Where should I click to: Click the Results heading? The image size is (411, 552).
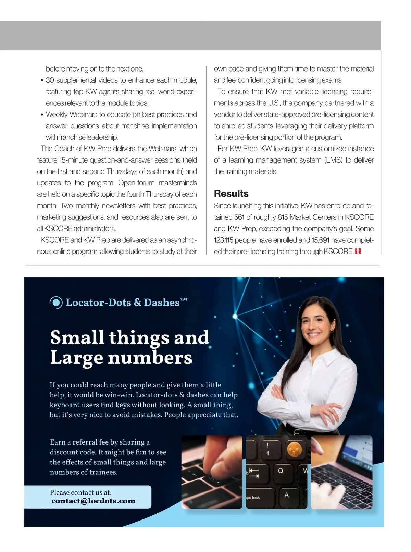pos(231,194)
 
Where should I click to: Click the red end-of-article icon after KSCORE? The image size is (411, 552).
pos(358,252)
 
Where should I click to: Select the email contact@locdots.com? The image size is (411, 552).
pos(94,501)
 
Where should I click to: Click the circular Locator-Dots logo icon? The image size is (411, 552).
pos(56,302)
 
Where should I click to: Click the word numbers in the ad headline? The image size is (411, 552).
pos(150,358)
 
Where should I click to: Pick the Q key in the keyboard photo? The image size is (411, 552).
pos(281,471)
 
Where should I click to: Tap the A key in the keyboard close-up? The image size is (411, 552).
pos(286,495)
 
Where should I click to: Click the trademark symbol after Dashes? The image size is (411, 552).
pos(184,300)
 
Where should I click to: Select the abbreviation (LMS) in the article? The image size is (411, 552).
pos(333,160)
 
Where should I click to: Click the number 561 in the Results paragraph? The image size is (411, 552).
pos(239,217)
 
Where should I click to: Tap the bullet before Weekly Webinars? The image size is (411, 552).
pos(42,115)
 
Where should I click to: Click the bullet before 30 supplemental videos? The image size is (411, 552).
pos(42,81)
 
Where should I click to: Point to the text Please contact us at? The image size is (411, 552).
pos(81,492)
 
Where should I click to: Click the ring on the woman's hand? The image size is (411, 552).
pos(329,409)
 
